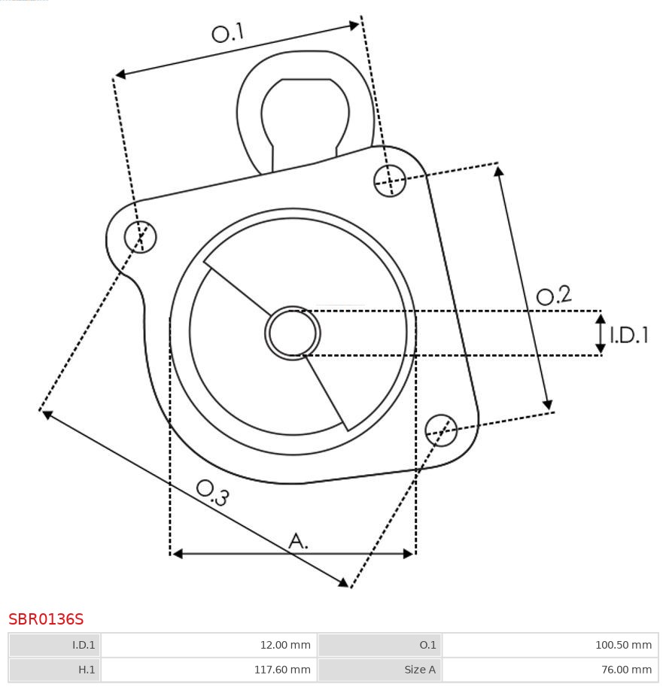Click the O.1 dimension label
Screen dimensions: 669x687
(x=227, y=33)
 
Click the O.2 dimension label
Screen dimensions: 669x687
(x=554, y=295)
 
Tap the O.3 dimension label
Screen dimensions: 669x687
(x=213, y=492)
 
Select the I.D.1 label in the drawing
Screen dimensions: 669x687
(x=629, y=335)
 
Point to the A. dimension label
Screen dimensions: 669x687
(x=298, y=541)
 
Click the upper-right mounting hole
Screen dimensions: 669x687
(x=390, y=181)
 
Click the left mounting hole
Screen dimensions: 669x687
(x=140, y=236)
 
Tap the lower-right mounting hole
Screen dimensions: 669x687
(x=441, y=430)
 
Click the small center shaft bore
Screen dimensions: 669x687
(x=293, y=333)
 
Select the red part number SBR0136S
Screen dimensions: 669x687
(x=46, y=619)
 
